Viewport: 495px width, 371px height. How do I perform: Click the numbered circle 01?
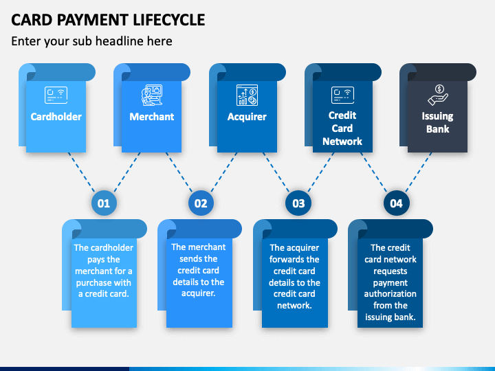(104, 203)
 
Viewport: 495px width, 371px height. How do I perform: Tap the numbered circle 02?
(201, 203)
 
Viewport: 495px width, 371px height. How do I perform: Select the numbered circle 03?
(298, 203)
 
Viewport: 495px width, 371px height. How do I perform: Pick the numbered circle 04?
(397, 203)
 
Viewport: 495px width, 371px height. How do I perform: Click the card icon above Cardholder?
(56, 95)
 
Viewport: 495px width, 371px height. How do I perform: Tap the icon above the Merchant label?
(152, 95)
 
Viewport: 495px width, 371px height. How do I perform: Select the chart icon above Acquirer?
(247, 95)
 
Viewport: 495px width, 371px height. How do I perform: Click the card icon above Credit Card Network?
(342, 95)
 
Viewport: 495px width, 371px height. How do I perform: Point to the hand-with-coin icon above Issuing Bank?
(438, 95)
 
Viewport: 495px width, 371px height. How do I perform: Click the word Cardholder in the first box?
(56, 117)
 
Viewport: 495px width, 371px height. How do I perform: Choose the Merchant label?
(152, 117)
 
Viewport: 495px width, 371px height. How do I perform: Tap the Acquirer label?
(247, 117)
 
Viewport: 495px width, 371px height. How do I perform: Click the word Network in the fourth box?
(342, 142)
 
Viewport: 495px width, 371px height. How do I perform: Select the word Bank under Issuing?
(438, 129)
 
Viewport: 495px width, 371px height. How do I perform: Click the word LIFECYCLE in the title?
(169, 20)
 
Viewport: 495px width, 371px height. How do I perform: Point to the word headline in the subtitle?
(120, 41)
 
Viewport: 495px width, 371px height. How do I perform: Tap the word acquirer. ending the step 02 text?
(199, 293)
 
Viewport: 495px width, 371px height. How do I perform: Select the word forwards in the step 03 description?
(294, 259)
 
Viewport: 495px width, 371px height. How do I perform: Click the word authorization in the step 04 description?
(390, 294)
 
